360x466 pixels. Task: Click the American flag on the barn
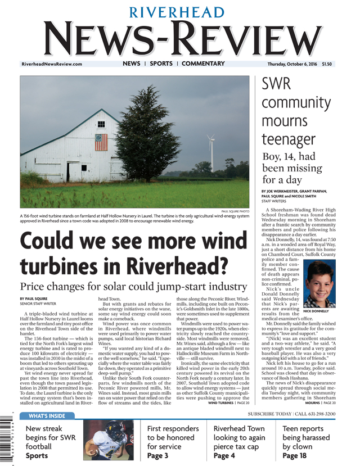(x=101, y=142)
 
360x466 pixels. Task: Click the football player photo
(x=111, y=440)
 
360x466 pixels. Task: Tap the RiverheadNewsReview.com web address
(x=52, y=64)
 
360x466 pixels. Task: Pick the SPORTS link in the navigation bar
(x=161, y=64)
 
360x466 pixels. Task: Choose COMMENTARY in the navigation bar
(x=203, y=64)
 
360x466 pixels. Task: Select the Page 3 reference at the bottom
(x=157, y=456)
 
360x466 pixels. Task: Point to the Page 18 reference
(x=294, y=456)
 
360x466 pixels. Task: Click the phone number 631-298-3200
(x=317, y=414)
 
